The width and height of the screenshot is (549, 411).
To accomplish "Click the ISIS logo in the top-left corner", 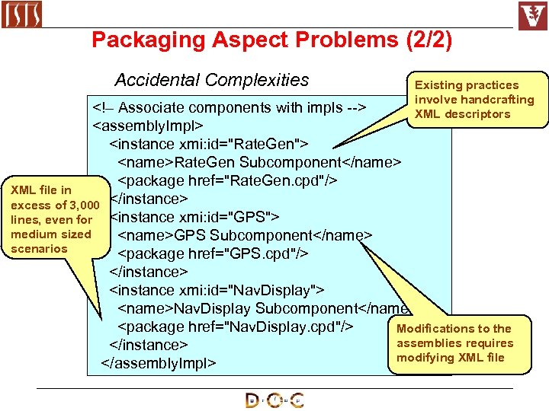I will tap(21, 14).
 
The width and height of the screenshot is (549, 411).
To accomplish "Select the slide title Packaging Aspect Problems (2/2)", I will tap(271, 40).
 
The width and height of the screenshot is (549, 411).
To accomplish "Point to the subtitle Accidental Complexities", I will tap(211, 80).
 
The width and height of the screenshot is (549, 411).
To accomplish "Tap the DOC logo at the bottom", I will tap(274, 400).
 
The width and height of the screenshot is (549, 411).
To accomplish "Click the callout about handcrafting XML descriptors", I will tap(474, 100).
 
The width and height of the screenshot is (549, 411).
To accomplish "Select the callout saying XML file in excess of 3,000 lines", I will tap(51, 219).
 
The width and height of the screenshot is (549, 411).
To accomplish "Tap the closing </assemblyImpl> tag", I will tap(159, 363).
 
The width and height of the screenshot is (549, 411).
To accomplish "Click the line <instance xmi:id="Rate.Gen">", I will tap(209, 143).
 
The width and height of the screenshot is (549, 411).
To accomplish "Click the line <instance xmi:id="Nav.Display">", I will tap(217, 290).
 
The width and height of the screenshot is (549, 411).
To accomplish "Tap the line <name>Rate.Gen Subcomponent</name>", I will tap(259, 162).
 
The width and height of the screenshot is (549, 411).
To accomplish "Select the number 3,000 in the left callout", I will tap(82, 205).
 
